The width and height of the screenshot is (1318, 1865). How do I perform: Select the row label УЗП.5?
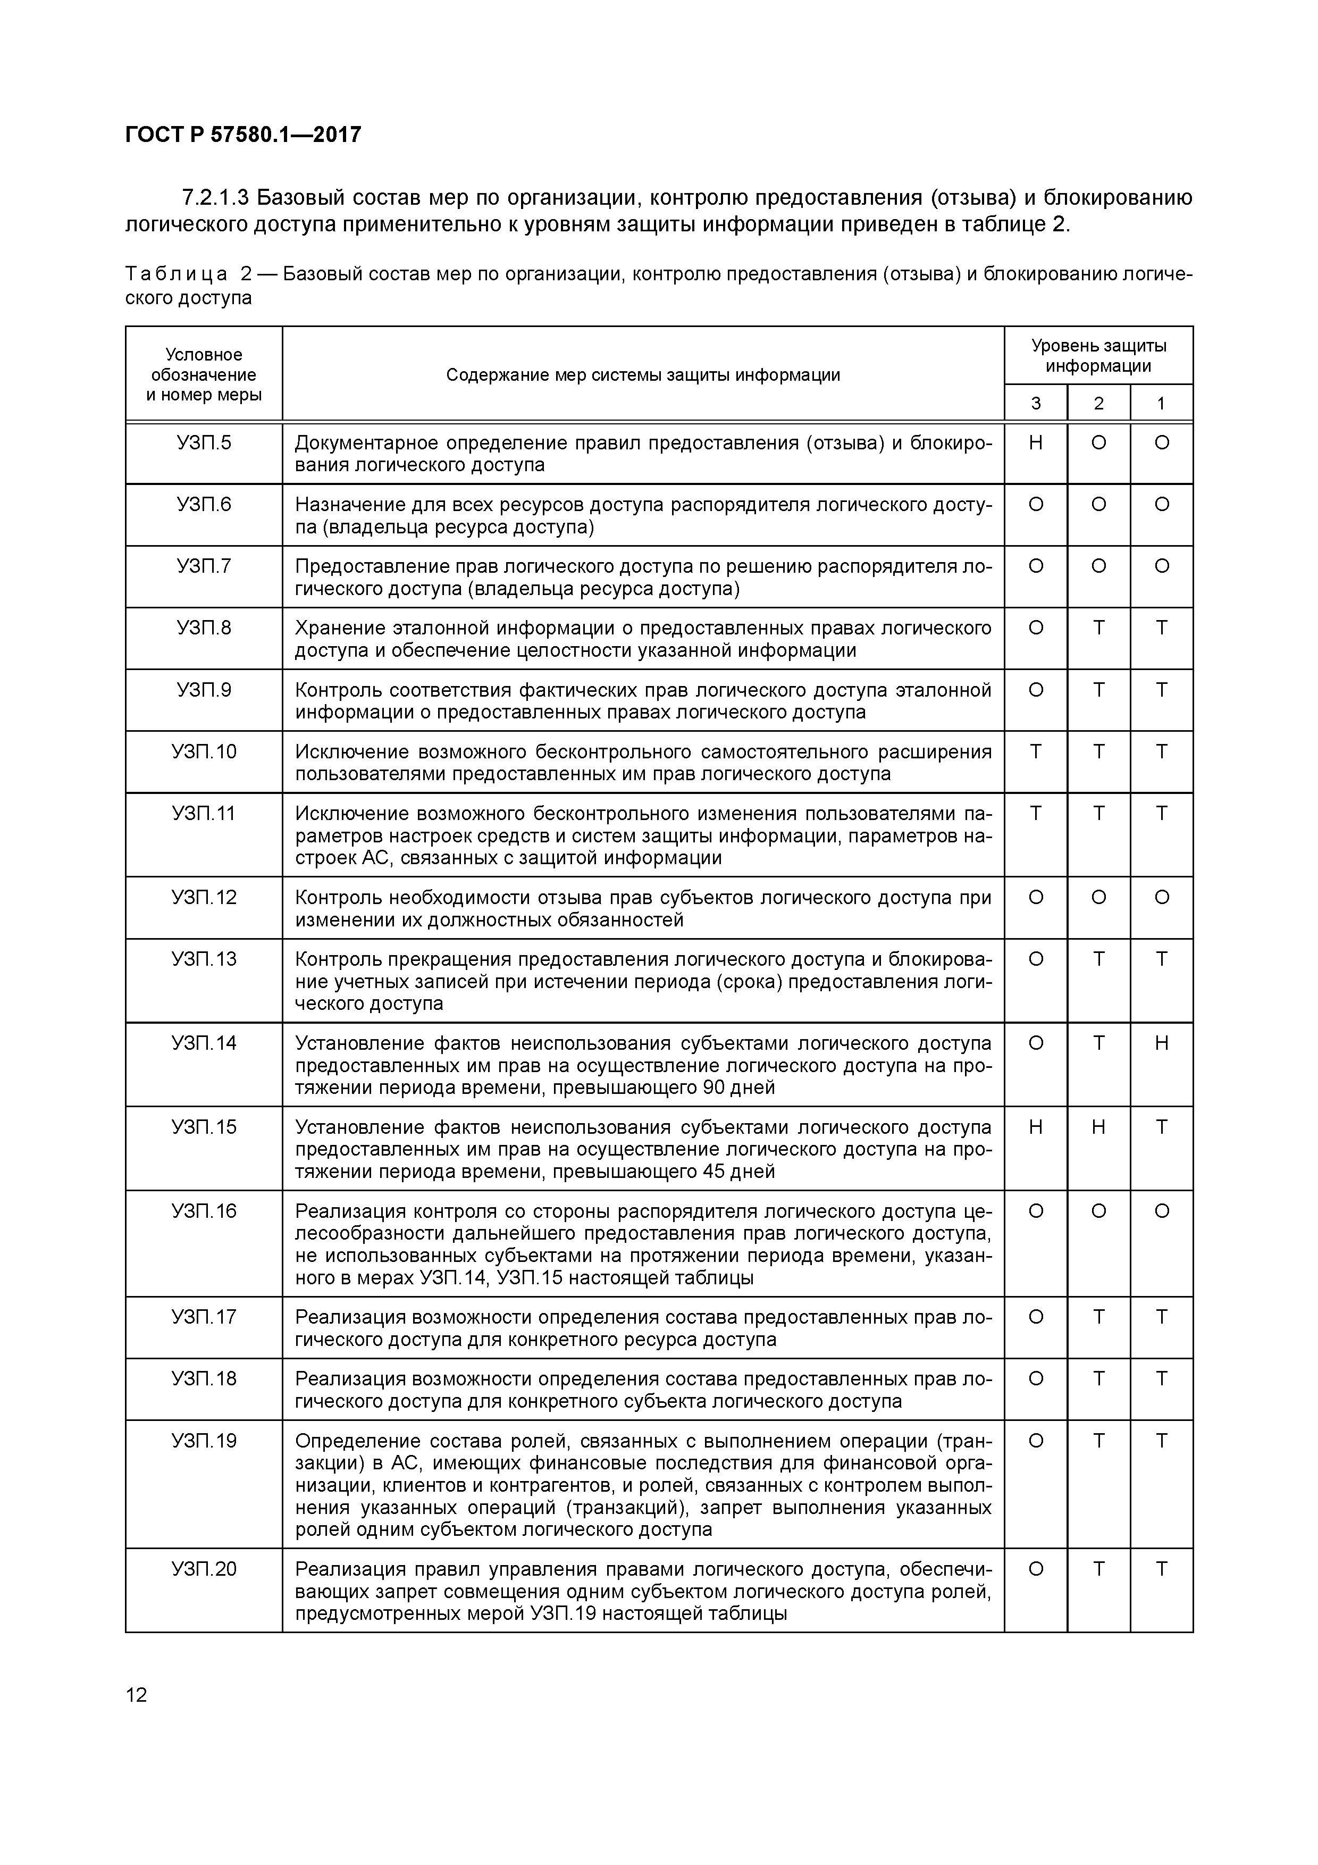(x=204, y=442)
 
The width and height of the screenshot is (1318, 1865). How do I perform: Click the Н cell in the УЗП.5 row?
(x=1035, y=442)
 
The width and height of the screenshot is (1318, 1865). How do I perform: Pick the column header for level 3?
(x=1035, y=403)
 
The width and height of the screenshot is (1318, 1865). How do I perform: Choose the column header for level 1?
(x=1161, y=403)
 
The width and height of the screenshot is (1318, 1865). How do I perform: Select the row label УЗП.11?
(x=204, y=813)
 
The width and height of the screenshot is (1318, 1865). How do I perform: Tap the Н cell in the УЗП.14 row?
(x=1161, y=1043)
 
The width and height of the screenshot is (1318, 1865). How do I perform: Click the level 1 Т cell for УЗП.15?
(x=1161, y=1127)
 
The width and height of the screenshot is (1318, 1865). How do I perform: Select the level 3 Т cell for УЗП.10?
(x=1035, y=751)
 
